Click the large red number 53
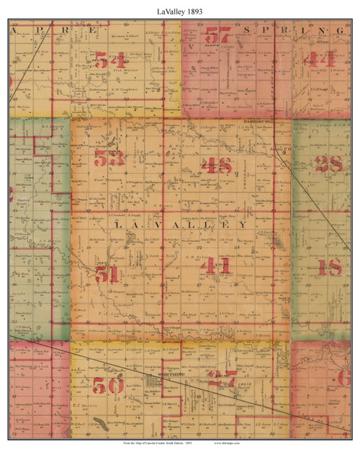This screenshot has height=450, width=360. tap(110, 158)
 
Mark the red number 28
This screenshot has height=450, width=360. tap(328, 164)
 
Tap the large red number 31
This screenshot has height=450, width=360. tap(106, 273)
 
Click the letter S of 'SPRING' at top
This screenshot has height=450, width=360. tap(251, 31)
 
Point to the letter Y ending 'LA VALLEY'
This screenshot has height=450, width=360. tap(243, 225)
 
